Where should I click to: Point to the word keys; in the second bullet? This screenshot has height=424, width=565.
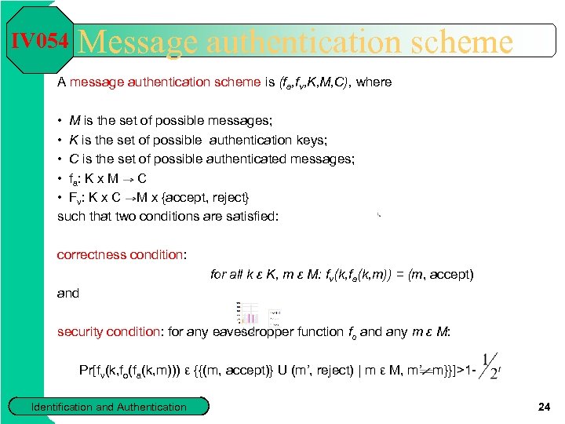point(310,140)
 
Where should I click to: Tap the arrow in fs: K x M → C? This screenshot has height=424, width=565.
point(129,178)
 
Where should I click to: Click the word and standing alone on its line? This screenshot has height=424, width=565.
point(68,293)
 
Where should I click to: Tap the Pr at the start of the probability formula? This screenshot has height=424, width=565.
point(86,370)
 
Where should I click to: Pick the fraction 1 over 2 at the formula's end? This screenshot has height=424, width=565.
point(491,366)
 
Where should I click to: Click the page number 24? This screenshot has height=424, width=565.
point(544,406)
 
